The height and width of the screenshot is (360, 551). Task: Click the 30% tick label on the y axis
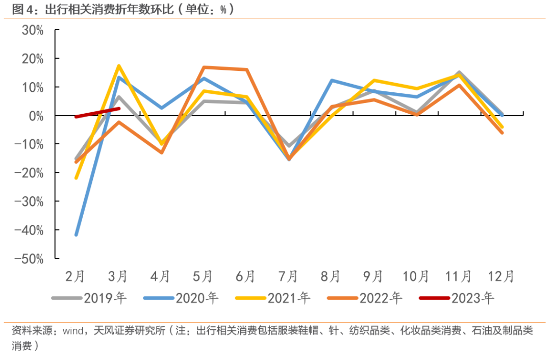[x=32, y=30]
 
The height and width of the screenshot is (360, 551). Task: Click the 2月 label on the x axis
[x=76, y=276]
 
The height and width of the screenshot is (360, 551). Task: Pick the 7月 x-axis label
[x=288, y=276]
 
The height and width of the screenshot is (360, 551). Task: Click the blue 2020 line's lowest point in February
[x=77, y=235]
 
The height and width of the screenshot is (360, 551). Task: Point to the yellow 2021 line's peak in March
[x=118, y=66]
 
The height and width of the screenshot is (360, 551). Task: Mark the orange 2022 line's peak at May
[x=204, y=67]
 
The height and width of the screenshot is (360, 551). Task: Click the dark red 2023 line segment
[x=97, y=113]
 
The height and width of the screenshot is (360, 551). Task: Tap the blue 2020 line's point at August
[x=331, y=81]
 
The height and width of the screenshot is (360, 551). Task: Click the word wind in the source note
[x=73, y=331]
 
